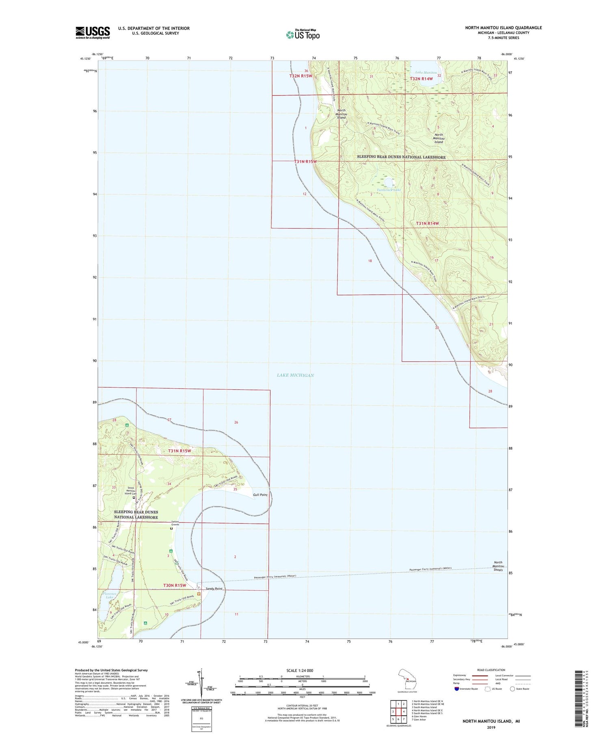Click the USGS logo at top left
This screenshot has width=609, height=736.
coord(93,32)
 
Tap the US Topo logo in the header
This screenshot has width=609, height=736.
coord(302,35)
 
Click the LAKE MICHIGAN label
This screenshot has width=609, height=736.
coord(295,375)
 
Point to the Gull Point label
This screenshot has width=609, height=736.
coord(260,494)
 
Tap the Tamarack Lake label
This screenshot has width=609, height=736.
coord(389,190)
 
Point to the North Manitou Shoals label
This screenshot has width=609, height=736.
coord(498,566)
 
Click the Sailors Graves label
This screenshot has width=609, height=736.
coord(175,523)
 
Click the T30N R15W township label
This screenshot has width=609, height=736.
coord(175,585)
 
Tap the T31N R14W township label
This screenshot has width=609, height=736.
coord(428,223)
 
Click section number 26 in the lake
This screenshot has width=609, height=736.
coord(236,422)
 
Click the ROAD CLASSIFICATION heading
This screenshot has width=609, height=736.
coord(491,670)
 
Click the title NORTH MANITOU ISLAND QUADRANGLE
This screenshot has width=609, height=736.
coord(503,28)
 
